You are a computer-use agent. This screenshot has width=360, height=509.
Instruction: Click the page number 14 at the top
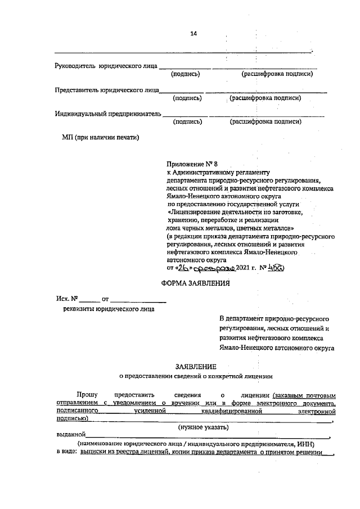(x=193, y=34)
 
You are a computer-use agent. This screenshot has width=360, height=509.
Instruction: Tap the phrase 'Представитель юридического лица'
(x=106, y=90)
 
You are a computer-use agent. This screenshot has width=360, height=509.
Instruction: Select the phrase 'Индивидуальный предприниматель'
(x=108, y=114)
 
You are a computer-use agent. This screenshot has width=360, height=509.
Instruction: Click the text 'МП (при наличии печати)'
(x=100, y=137)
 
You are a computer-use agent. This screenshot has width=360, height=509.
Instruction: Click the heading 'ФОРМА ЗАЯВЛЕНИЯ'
(x=196, y=283)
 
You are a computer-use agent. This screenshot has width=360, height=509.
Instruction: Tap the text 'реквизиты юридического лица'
(x=109, y=309)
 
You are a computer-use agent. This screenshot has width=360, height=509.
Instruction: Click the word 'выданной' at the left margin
(x=70, y=435)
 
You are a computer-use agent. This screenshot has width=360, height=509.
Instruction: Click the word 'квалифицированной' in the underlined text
(x=236, y=412)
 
